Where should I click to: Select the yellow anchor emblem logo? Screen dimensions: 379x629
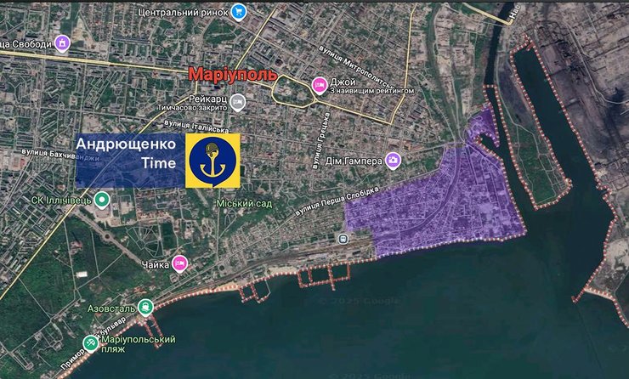(213, 161)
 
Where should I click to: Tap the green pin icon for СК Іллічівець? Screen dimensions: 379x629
(101, 201)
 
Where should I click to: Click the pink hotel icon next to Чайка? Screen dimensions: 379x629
(180, 263)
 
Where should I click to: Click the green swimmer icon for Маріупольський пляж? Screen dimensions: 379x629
(90, 343)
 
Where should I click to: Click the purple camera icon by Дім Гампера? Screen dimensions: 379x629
(393, 159)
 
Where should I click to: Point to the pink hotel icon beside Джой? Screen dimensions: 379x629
(320, 83)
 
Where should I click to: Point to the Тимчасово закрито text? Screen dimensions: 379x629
(192, 108)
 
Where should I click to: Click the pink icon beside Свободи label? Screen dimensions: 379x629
(61, 43)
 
